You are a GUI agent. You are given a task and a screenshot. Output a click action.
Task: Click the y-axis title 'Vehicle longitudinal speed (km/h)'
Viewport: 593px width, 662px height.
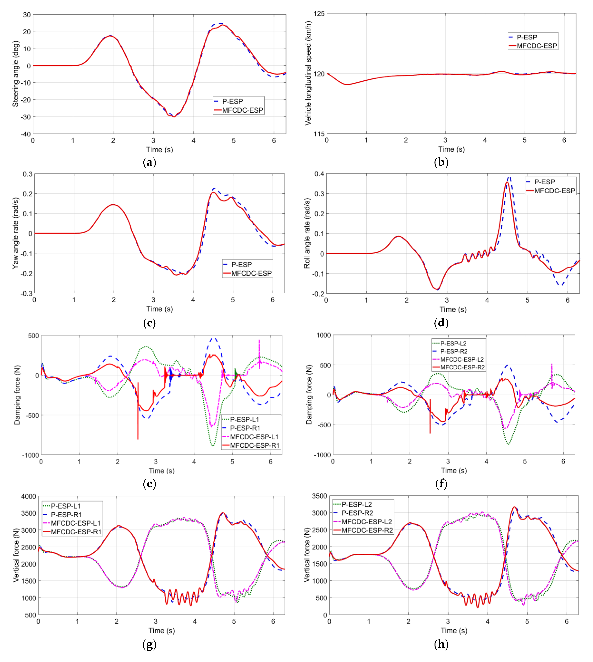[x=308, y=73]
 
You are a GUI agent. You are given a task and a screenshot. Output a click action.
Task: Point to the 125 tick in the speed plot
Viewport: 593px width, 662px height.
[x=319, y=14]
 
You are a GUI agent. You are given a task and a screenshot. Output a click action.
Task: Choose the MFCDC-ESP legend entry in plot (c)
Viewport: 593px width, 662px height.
[x=251, y=273]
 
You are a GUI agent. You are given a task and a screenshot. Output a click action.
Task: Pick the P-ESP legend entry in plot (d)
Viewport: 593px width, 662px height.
[x=544, y=182]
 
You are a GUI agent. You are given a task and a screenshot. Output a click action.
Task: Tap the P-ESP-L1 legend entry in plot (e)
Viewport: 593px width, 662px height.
[x=244, y=419]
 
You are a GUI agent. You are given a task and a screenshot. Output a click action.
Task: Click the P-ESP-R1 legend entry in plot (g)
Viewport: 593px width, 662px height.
[x=66, y=515]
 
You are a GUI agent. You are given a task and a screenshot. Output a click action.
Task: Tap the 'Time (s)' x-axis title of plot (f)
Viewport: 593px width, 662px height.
[x=454, y=470]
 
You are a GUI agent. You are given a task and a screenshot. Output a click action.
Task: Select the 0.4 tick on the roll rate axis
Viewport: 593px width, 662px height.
[x=319, y=174]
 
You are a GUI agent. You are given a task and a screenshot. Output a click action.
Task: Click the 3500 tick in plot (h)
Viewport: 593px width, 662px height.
[x=319, y=496]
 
